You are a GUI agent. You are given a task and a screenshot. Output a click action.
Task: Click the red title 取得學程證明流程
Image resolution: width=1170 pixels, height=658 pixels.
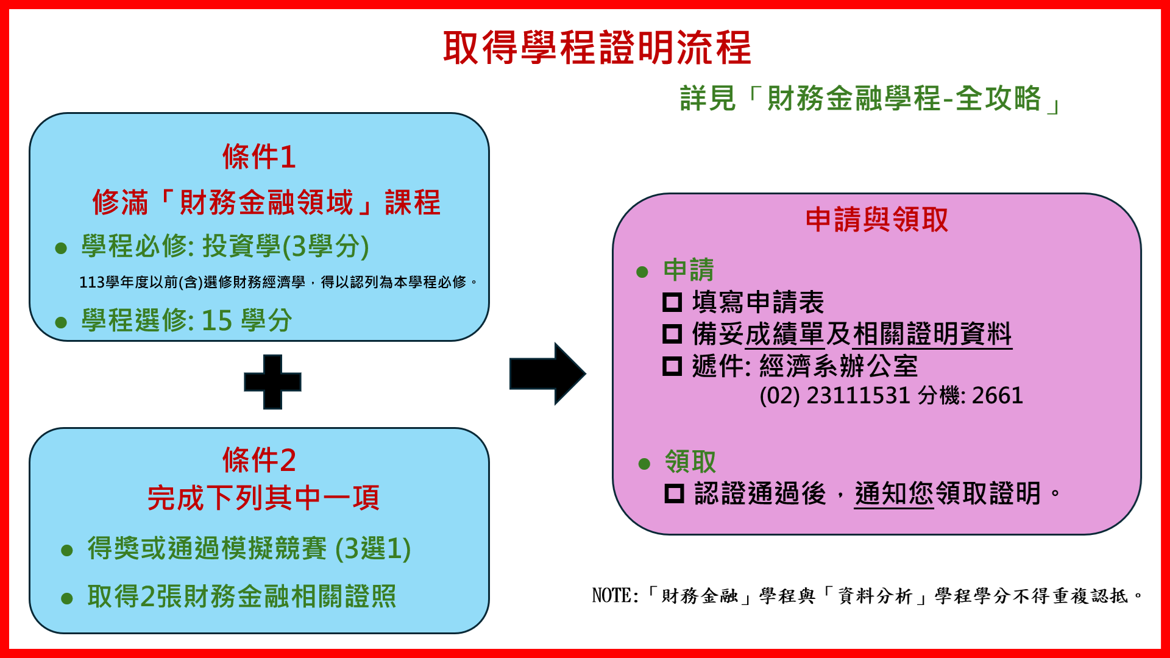point(597,48)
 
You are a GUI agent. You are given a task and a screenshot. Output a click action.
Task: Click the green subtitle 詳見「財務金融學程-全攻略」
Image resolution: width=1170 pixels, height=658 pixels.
point(870,99)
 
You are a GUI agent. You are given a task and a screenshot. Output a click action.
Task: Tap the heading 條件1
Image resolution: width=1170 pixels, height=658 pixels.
point(259,157)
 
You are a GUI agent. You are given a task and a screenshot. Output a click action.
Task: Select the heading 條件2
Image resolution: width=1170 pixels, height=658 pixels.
point(259,459)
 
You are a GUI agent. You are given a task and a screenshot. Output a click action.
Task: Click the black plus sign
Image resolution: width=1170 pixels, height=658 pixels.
point(272,382)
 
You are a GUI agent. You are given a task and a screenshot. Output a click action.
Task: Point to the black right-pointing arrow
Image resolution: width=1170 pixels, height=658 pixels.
point(547,373)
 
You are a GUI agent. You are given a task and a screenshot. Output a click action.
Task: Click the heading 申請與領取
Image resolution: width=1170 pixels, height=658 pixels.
point(876,219)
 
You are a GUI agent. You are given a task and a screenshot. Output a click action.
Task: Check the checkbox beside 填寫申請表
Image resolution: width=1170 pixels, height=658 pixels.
point(672,302)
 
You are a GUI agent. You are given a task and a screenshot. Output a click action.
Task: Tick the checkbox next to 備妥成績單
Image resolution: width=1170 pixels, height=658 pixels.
point(672,334)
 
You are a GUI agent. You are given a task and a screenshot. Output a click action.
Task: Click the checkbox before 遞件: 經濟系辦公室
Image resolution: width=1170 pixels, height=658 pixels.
point(672,366)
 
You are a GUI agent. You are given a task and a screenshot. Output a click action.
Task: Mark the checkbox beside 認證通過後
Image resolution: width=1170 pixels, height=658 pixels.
point(674,493)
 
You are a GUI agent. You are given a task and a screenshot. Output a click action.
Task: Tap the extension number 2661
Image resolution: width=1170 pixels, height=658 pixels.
point(998,395)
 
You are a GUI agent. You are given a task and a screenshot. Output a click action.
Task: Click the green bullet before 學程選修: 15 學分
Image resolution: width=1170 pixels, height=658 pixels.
point(61,322)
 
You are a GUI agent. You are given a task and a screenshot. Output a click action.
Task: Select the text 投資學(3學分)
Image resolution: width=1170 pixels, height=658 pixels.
point(286,246)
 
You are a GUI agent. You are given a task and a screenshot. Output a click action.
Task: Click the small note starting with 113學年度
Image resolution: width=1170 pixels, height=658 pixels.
point(278,282)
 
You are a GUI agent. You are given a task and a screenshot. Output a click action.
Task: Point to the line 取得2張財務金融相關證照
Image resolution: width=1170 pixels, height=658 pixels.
point(242,596)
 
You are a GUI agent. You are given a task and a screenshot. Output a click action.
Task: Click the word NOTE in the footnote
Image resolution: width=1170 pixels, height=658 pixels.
point(612,595)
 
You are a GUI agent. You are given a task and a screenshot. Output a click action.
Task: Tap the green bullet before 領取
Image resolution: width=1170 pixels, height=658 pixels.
point(644,464)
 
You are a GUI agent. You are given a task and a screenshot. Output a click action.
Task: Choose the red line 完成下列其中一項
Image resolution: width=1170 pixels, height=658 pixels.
point(263,498)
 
